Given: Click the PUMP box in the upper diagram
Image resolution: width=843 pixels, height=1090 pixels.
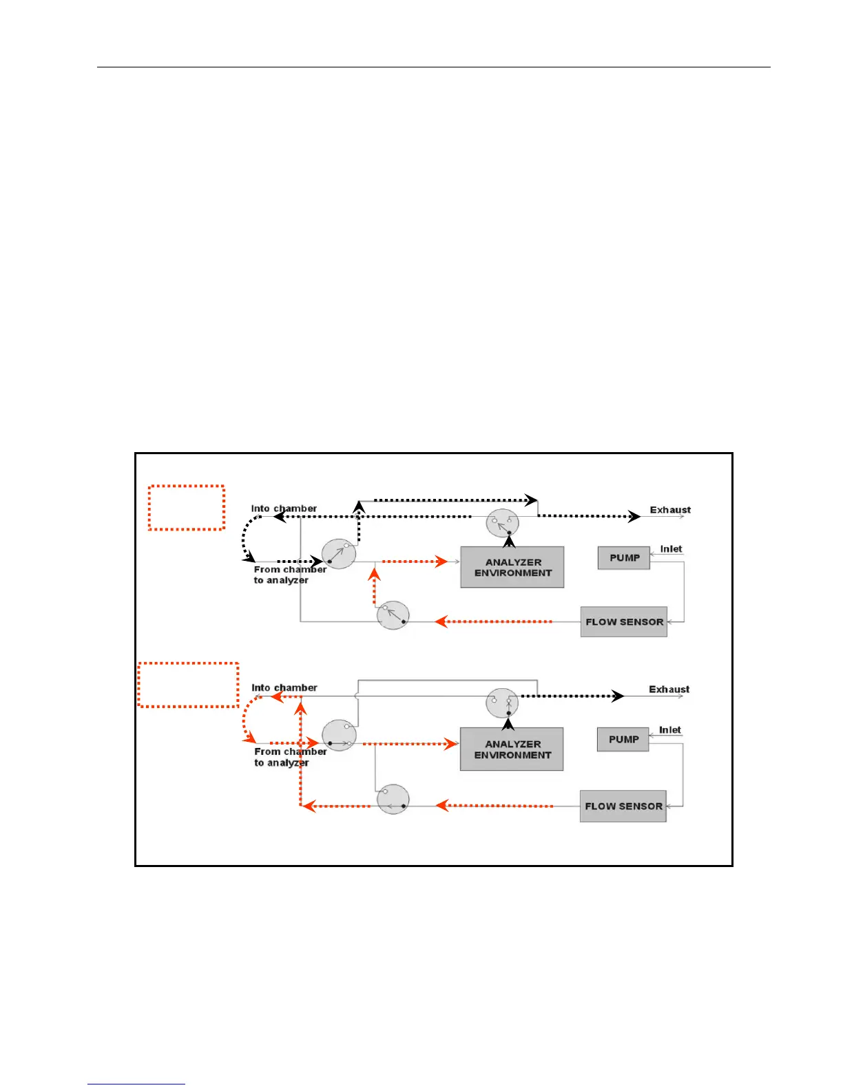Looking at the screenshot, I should [x=624, y=558].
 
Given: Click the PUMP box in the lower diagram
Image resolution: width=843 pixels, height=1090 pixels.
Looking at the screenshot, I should [x=623, y=740].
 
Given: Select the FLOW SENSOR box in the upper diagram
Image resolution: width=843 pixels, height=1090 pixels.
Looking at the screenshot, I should [x=624, y=622].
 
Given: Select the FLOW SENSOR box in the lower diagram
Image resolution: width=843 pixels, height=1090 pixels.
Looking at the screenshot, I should [x=623, y=806].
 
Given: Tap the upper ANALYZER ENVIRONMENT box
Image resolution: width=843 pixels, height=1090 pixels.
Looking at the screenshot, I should [x=512, y=568].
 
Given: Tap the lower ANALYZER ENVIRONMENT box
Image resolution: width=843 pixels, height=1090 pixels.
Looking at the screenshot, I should [x=512, y=749].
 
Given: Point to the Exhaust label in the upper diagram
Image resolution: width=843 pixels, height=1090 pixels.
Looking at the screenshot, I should [x=670, y=510].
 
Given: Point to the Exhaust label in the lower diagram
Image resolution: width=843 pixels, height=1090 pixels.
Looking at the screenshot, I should [x=669, y=690].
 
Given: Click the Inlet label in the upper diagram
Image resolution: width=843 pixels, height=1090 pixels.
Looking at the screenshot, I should [x=671, y=549].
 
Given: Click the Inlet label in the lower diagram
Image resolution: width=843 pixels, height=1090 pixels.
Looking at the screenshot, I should [x=669, y=730].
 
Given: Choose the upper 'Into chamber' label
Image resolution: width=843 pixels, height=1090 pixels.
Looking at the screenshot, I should [x=284, y=509].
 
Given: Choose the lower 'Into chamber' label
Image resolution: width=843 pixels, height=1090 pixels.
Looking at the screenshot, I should [x=284, y=687].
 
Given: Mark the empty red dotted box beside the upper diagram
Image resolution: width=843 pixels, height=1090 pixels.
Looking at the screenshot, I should [x=187, y=508].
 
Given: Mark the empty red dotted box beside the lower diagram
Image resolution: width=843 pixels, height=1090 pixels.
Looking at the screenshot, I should [x=188, y=685].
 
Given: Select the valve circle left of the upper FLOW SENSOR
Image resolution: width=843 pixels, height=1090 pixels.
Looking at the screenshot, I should [x=393, y=616].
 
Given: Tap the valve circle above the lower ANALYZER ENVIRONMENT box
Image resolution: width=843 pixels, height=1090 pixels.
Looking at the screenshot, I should [x=502, y=703].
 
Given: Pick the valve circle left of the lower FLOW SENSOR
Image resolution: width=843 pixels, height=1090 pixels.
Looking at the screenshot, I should [x=393, y=800].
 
